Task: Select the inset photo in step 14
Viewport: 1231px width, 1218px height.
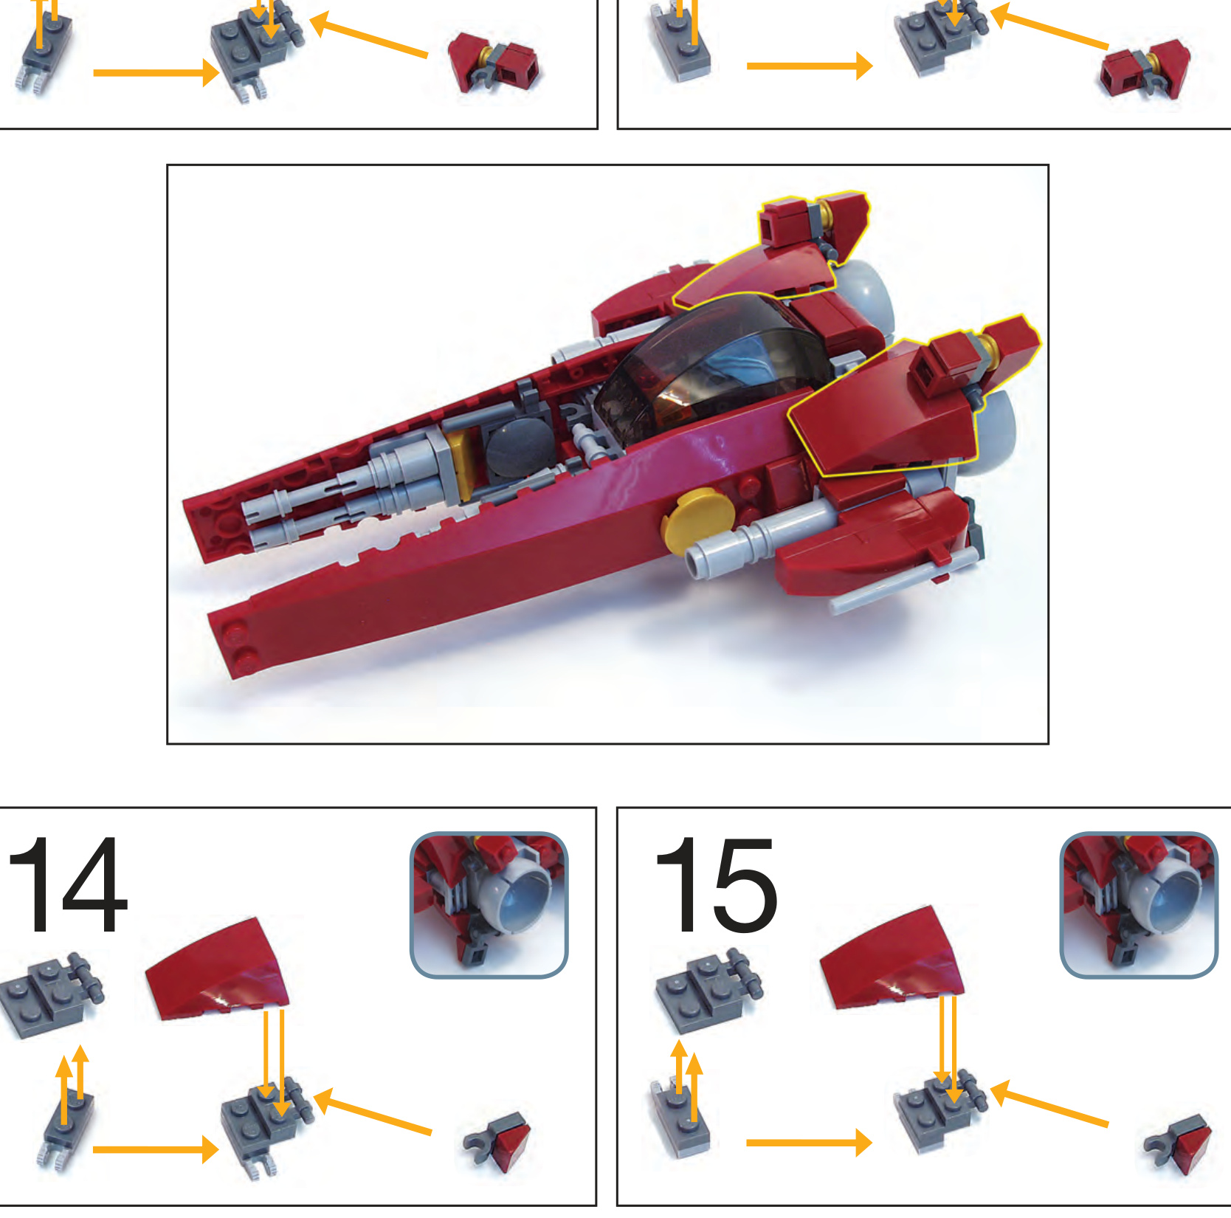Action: (489, 905)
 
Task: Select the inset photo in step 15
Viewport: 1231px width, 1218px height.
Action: (1139, 905)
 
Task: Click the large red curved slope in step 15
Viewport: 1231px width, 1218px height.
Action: (892, 958)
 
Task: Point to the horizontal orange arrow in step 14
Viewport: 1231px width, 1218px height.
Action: (156, 1149)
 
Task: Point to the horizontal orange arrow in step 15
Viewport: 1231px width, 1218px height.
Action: (810, 1143)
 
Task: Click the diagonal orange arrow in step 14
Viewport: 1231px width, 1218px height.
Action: (373, 1110)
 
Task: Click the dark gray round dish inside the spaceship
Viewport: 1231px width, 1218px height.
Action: (520, 450)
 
